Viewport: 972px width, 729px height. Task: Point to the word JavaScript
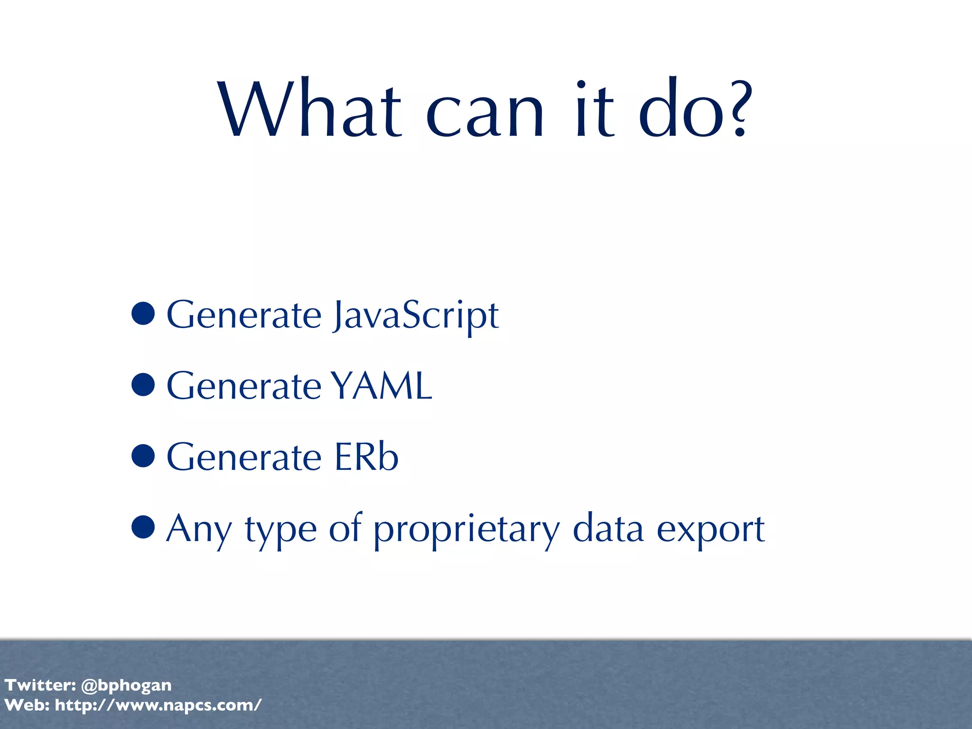pos(416,316)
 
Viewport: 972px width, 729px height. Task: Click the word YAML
pos(381,386)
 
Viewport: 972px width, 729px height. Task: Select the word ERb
pos(366,457)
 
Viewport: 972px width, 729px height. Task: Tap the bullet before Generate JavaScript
pos(143,313)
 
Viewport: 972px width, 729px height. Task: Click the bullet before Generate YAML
pos(143,384)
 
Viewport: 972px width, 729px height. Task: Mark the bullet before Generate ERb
pos(143,456)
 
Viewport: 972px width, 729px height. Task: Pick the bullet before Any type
pos(143,527)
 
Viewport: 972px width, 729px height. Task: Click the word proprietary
pos(467,531)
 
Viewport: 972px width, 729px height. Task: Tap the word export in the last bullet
pos(710,531)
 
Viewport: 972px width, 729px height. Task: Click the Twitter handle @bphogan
pos(126,685)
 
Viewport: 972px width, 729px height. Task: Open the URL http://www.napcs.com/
pos(158,705)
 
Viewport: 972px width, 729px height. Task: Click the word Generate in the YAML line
pos(244,386)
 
